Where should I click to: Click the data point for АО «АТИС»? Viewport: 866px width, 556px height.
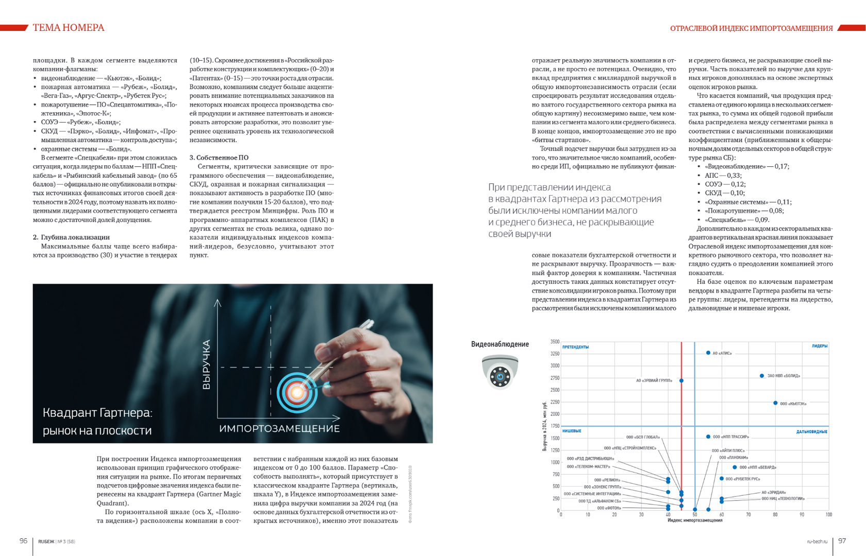(x=708, y=353)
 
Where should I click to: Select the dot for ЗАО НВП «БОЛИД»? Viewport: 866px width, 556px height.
(x=762, y=376)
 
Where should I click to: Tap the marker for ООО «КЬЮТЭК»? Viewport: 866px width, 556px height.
(x=775, y=403)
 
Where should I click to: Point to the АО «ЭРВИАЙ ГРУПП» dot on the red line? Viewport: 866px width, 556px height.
(x=681, y=381)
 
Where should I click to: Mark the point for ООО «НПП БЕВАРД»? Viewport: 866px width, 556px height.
(x=735, y=467)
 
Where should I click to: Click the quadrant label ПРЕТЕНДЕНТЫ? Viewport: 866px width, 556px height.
(x=575, y=347)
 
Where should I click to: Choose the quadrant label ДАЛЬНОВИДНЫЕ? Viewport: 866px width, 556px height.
(x=811, y=432)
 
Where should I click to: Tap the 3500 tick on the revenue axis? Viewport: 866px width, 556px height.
(x=555, y=342)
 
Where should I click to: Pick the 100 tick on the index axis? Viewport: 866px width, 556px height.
(x=828, y=514)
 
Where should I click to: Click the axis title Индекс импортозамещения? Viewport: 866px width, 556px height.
(x=694, y=520)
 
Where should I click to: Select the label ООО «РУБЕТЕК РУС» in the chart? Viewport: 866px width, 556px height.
(x=743, y=479)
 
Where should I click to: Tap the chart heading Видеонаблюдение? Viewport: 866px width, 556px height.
(x=499, y=344)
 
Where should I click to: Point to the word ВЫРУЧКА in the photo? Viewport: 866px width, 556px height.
(x=207, y=364)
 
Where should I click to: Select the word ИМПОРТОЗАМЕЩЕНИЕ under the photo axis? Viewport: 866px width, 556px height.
(x=279, y=429)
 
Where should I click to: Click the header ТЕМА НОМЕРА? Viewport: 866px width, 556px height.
(x=69, y=28)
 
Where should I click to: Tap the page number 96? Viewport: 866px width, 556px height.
(x=23, y=541)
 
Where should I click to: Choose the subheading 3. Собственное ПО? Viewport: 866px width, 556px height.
(x=219, y=158)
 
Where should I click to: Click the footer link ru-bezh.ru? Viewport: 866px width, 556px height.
(x=817, y=542)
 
